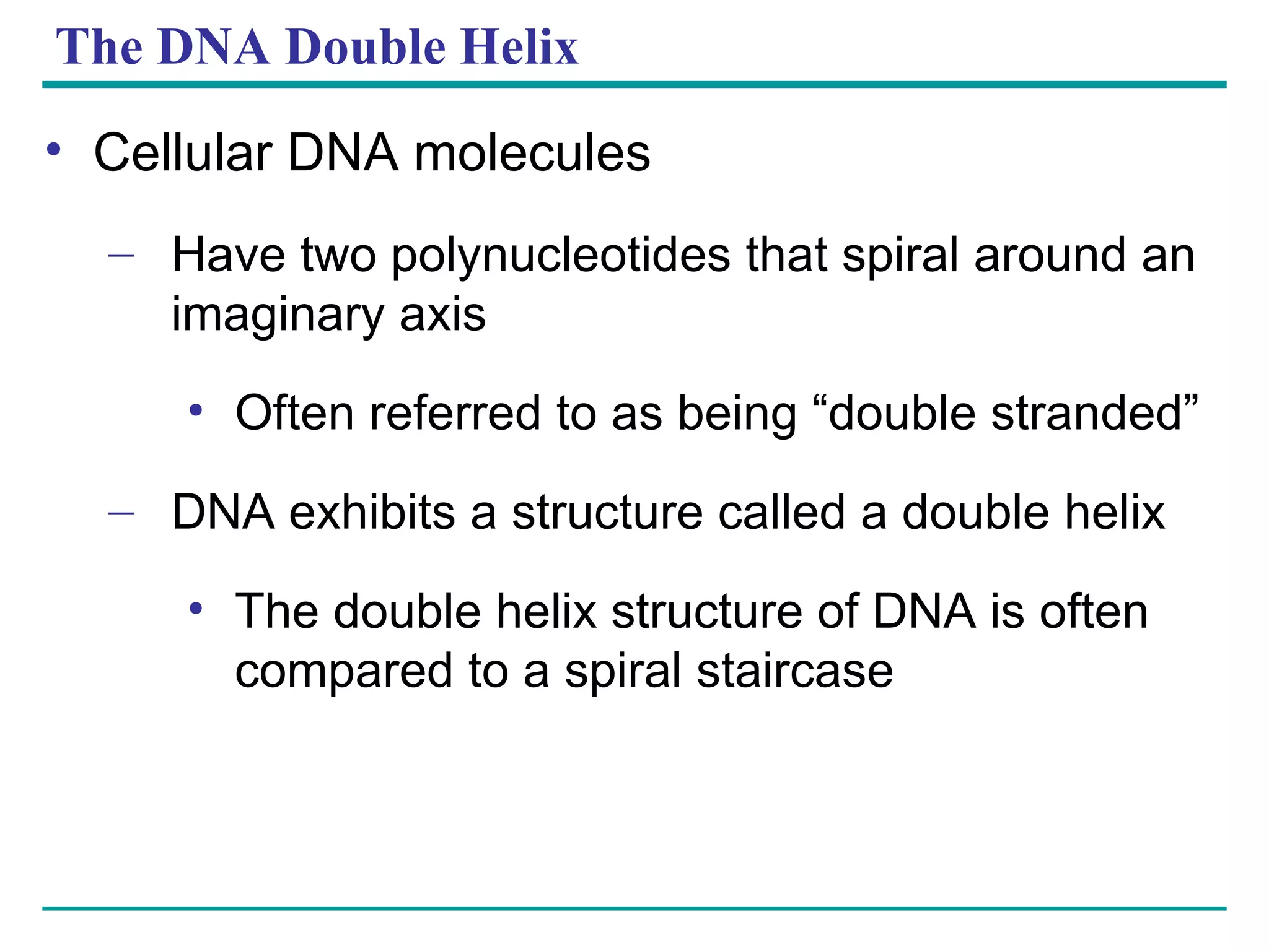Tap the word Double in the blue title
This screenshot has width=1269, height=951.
(x=366, y=47)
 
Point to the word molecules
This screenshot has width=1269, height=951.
(x=532, y=154)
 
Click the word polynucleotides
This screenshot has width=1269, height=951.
(x=561, y=256)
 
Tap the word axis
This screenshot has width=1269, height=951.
(x=442, y=315)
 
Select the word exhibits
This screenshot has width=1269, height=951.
(x=372, y=512)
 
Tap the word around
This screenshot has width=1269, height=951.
(x=1049, y=256)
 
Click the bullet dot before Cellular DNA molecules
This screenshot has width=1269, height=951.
(x=54, y=149)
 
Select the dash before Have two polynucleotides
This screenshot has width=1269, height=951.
(x=120, y=255)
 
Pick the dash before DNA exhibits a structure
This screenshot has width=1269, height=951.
(x=120, y=512)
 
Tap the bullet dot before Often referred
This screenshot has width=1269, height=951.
(x=196, y=409)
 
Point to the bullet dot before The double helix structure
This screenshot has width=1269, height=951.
(x=196, y=608)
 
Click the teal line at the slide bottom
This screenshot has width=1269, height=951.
(x=634, y=908)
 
